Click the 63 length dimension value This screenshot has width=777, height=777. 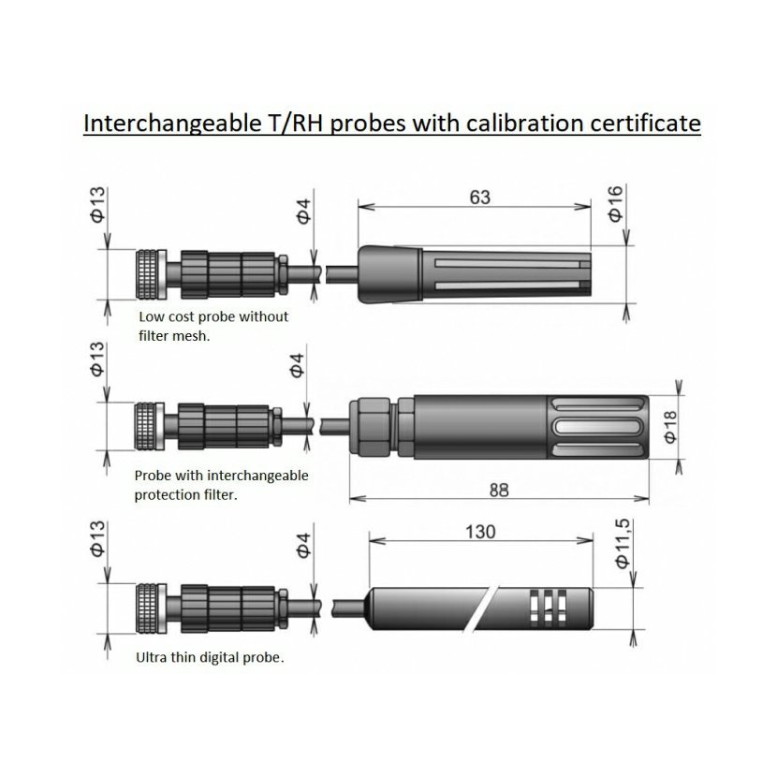click(479, 198)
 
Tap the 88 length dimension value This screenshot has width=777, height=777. click(499, 491)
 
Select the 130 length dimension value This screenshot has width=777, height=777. click(480, 532)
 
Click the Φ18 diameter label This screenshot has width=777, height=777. click(669, 427)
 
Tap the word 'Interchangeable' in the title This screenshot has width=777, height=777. click(169, 124)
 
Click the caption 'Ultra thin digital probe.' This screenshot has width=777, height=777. click(210, 658)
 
